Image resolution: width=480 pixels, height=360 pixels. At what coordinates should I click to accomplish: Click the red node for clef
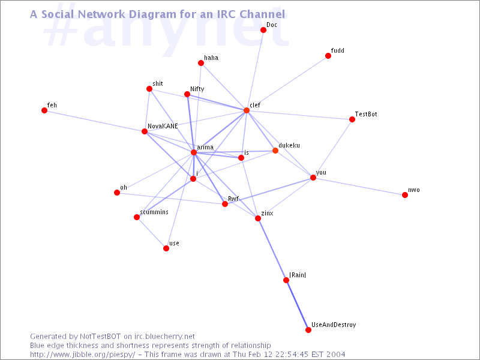pos(247,110)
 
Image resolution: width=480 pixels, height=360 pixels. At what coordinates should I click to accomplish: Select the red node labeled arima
pos(193,152)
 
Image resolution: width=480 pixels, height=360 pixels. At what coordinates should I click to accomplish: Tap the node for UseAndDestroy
pos(308,329)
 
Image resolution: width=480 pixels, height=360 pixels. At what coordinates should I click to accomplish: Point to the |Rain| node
pos(286,280)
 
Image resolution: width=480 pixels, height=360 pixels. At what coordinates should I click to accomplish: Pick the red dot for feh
pos(44,110)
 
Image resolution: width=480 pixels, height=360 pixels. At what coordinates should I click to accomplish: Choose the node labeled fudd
pos(328,56)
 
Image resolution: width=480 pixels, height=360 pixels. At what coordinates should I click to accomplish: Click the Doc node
pos(263,29)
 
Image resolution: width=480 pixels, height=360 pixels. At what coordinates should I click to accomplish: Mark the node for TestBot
pos(352,119)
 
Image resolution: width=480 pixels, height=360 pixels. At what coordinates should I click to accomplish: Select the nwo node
pos(404,194)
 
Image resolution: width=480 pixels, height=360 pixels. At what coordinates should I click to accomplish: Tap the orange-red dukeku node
pos(275,151)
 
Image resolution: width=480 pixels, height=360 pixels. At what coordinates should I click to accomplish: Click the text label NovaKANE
pos(163,126)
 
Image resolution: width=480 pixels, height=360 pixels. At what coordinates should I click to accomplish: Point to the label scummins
pos(154,212)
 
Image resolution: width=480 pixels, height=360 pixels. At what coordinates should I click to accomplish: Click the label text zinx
pos(267,213)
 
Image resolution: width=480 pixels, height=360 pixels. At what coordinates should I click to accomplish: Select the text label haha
pos(211,58)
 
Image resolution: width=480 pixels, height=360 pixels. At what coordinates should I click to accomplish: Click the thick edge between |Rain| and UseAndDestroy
pos(297,305)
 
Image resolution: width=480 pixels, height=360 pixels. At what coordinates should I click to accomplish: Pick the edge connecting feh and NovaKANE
pos(94,121)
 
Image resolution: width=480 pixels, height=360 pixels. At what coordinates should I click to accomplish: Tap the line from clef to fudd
pos(287,83)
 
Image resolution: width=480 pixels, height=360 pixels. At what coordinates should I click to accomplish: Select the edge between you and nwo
pos(359,186)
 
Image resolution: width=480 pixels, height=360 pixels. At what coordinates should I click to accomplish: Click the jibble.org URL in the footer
pos(82,355)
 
